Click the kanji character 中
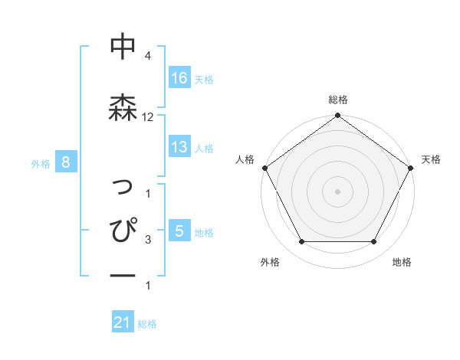point(123,47)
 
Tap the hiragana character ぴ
point(123,230)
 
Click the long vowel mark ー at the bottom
point(123,274)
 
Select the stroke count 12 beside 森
point(148,117)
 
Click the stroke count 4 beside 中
point(147,56)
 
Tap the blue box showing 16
point(179,77)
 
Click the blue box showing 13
point(179,147)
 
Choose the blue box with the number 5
point(179,231)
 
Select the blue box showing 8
point(67,162)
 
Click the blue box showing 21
point(123,323)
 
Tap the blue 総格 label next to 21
point(147,324)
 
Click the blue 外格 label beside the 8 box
point(41,163)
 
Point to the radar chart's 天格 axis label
point(432,159)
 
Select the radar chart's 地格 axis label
point(402,262)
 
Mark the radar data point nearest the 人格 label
point(265,168)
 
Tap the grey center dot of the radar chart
point(337,191)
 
